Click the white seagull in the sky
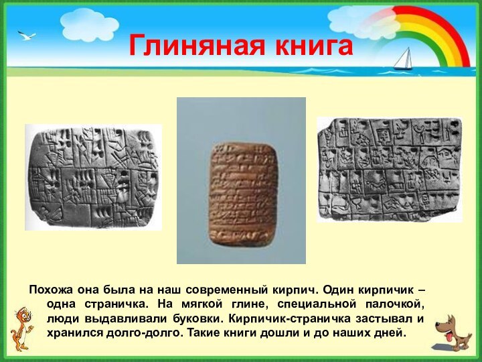[26, 35]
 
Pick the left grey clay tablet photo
[93, 177]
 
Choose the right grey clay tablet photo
[389, 169]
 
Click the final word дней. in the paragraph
[390, 333]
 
